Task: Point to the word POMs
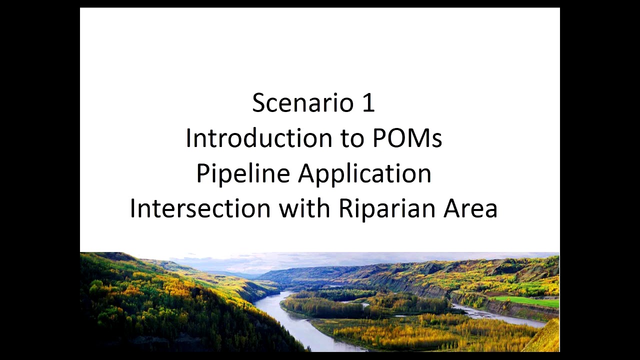point(407,138)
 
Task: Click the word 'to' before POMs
point(353,138)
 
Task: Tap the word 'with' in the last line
point(304,208)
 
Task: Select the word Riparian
point(386,208)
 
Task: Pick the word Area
point(470,208)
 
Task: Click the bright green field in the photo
point(527,301)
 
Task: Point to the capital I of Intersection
point(132,208)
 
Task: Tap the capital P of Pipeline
point(202,174)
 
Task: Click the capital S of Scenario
point(258,103)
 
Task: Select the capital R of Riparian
point(345,208)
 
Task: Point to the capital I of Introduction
point(188,138)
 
